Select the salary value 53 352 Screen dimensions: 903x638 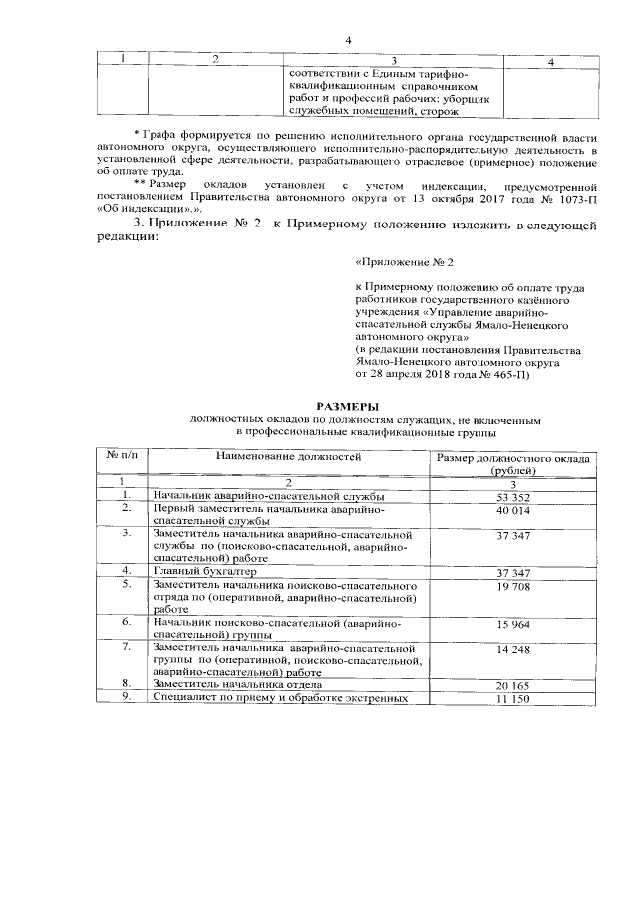512,496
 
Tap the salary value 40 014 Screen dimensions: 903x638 512,509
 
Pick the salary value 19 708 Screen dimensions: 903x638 512,586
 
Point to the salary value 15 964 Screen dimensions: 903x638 512,624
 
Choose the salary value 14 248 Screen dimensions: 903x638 512,649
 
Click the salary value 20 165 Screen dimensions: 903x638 512,686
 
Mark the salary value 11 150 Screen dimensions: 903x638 512,699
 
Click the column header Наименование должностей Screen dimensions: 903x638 278,457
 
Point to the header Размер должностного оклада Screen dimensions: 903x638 514,458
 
